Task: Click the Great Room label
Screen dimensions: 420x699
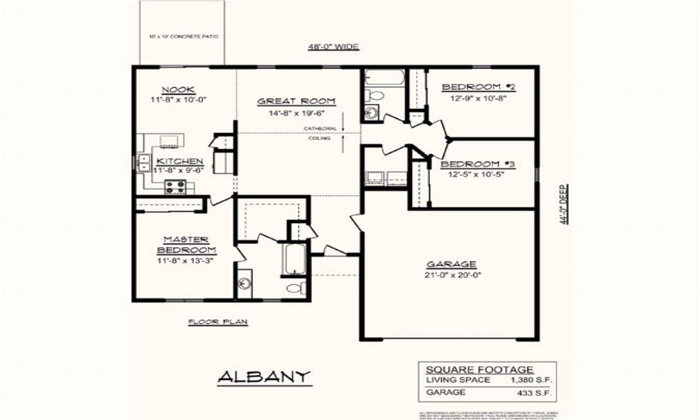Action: (x=297, y=101)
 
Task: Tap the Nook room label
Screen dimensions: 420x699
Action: (x=179, y=90)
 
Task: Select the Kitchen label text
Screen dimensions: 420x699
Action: (x=180, y=161)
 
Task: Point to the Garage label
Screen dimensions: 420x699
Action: (x=452, y=265)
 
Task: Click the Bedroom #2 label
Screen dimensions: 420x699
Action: (x=479, y=87)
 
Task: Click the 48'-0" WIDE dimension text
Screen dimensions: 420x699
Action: (x=333, y=47)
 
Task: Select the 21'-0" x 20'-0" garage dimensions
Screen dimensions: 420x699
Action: (x=452, y=275)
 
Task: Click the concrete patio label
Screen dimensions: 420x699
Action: (x=183, y=37)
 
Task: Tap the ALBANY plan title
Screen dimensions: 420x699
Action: (x=264, y=377)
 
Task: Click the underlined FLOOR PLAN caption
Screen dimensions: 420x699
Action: (x=218, y=322)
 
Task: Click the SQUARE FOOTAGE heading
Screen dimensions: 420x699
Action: (x=487, y=370)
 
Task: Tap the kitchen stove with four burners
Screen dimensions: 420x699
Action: (x=176, y=187)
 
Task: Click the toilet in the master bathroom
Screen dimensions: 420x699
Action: (x=297, y=288)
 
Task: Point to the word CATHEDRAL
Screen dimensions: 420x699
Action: (x=320, y=129)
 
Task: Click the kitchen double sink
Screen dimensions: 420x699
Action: (x=144, y=163)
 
